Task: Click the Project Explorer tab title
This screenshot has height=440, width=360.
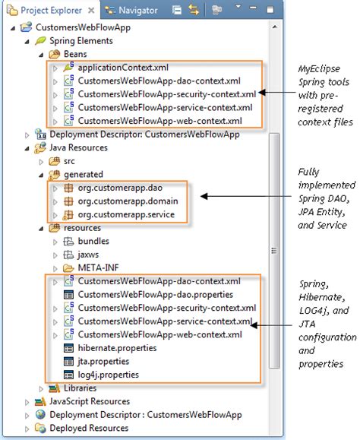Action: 51,11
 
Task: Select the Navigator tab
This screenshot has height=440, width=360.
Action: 136,11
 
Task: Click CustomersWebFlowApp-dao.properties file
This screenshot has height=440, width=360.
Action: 144,294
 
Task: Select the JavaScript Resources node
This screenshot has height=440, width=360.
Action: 90,401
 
